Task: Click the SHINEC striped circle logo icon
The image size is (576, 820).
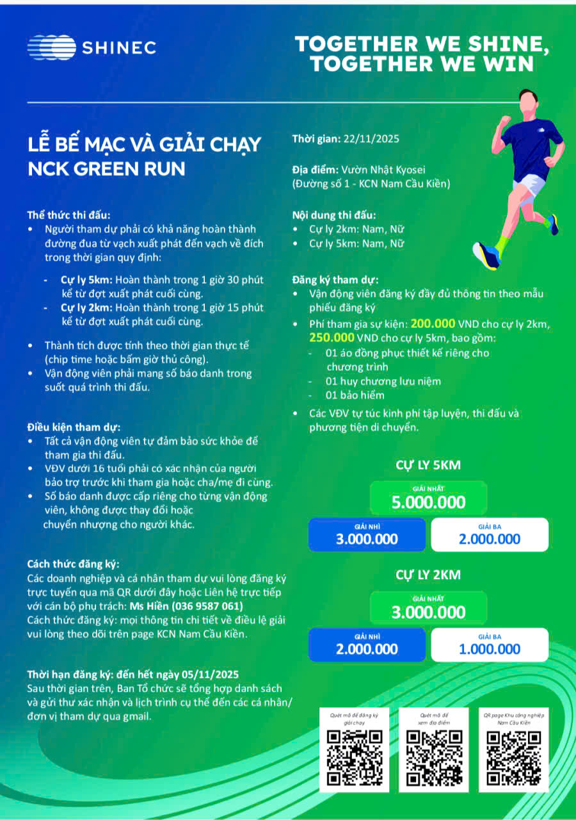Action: point(51,47)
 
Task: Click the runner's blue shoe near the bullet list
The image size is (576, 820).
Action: point(485,254)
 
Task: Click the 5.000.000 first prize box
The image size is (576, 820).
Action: point(428,498)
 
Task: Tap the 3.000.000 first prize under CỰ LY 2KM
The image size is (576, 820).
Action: point(428,609)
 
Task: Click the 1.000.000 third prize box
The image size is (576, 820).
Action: point(490,645)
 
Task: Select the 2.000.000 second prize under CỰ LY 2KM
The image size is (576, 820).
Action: point(367,645)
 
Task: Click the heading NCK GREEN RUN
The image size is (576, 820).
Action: point(106,168)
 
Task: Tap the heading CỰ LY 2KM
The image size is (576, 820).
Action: point(428,575)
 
